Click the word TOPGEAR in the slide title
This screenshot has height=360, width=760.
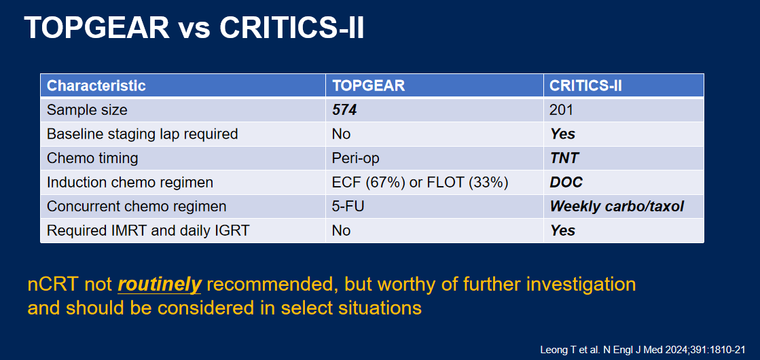96,28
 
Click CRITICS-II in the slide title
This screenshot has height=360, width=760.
291,28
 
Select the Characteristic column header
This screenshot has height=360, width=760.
96,86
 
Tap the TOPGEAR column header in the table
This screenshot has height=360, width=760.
368,86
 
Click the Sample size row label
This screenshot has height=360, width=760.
87,110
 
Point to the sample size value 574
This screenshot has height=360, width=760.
344,110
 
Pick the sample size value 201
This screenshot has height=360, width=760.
561,110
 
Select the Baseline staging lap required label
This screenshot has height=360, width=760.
142,134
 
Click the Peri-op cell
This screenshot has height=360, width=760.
355,158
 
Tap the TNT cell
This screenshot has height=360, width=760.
564,158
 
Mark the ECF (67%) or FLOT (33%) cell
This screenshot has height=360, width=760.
420,182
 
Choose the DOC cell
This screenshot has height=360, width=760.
566,182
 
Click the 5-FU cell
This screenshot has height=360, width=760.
348,206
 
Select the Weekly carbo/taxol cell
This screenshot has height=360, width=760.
617,206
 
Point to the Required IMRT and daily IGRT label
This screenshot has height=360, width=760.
148,230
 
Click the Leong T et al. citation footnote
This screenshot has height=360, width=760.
643,350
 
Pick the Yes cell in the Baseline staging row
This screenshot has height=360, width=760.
562,134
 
